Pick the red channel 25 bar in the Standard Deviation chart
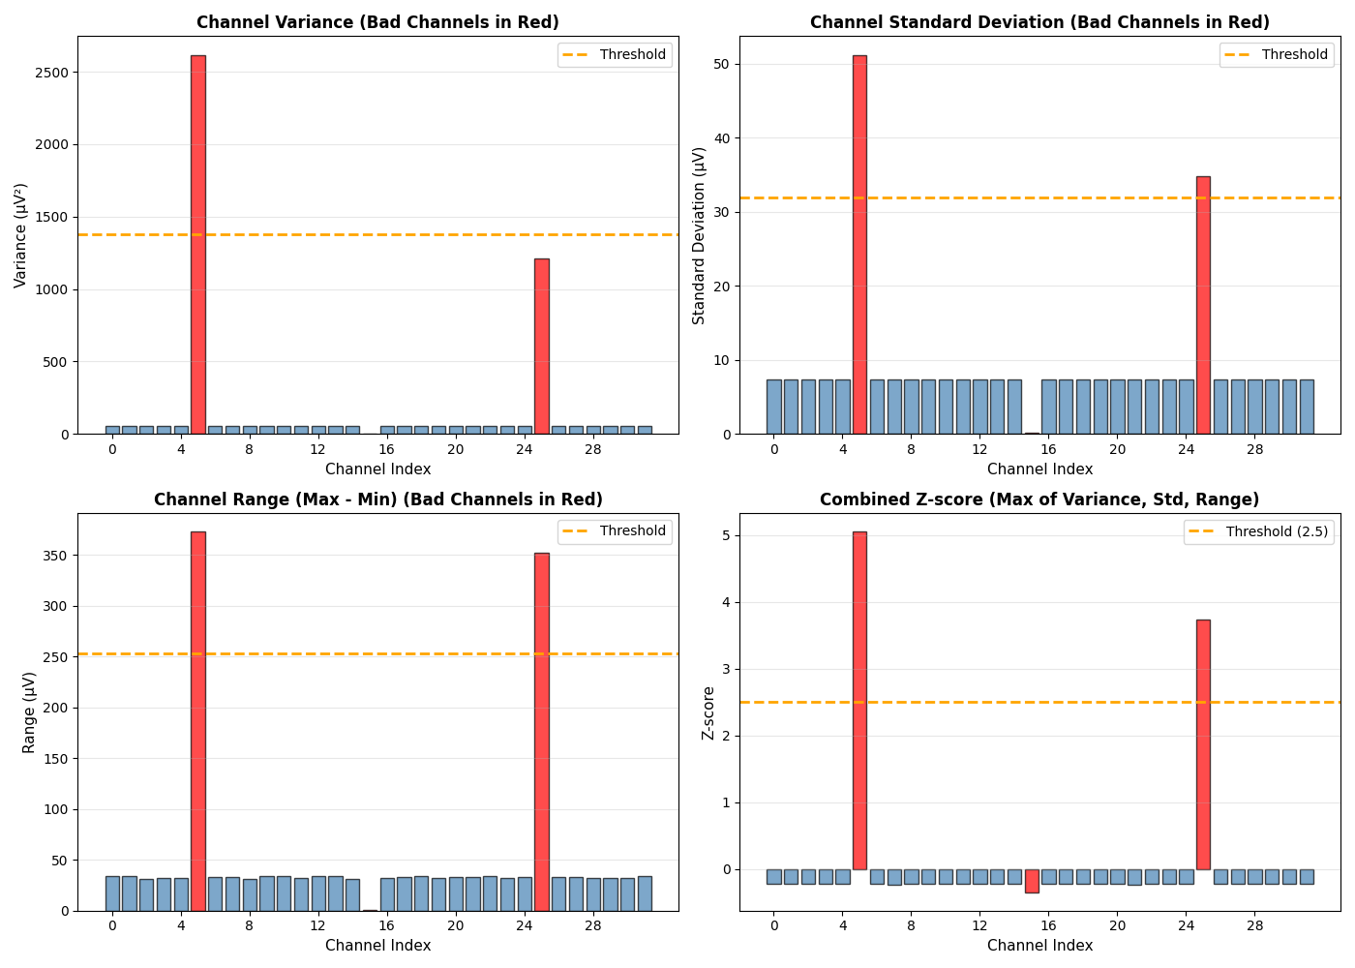point(1203,305)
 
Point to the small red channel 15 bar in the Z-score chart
point(1032,881)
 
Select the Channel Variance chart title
point(377,22)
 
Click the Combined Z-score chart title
point(1039,499)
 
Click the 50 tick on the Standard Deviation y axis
point(722,64)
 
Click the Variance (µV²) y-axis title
point(21,235)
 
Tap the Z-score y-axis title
point(708,712)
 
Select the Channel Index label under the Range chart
point(377,946)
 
